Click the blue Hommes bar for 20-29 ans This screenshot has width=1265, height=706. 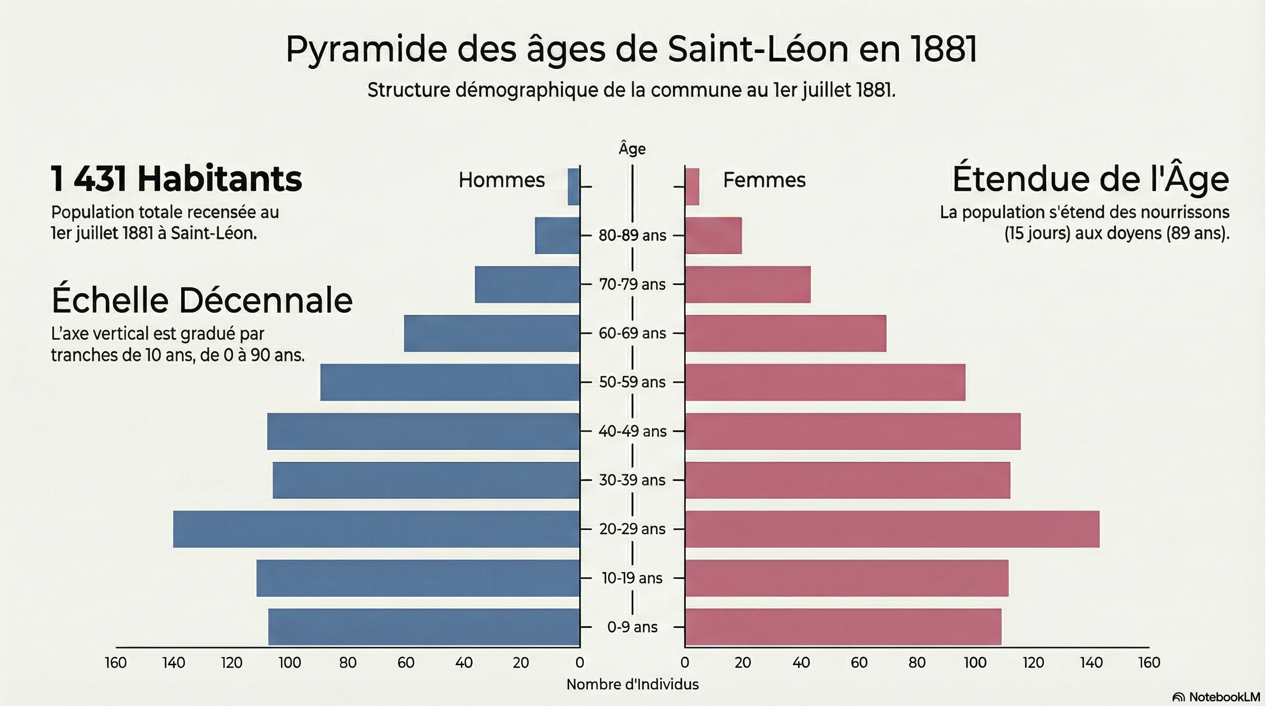coord(376,529)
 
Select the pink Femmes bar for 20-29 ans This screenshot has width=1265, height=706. coord(892,529)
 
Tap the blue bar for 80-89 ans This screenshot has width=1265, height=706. coord(558,236)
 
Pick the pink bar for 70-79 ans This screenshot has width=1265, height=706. coord(747,284)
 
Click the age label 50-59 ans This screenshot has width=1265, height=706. coord(632,382)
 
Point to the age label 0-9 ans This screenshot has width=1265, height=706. coord(632,627)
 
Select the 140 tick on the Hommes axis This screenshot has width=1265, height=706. coord(174,663)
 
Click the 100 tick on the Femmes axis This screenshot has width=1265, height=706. coord(975,663)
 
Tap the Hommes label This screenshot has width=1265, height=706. coord(501,180)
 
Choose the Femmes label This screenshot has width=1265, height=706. coord(764,180)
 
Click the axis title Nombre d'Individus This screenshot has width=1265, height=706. coord(632,684)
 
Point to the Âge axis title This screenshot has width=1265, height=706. coord(632,149)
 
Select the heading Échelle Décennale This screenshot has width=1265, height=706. coord(202,300)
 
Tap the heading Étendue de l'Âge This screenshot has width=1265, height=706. coord(1090,179)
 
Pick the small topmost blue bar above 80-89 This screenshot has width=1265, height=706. coord(574,187)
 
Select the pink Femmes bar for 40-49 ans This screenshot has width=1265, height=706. coord(853,431)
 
